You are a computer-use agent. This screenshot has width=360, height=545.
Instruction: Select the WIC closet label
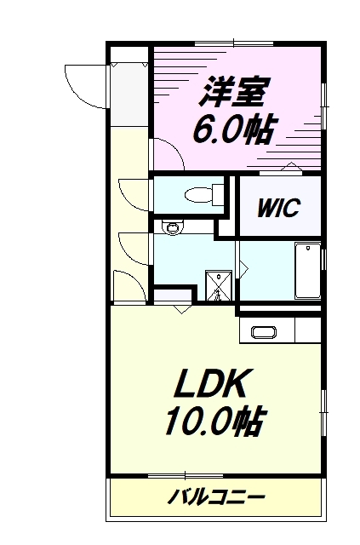(x=278, y=208)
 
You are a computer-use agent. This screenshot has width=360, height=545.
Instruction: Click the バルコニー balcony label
(x=216, y=497)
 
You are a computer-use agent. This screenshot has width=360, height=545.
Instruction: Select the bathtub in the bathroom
(x=308, y=271)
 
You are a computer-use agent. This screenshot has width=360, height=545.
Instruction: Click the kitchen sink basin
(x=264, y=332)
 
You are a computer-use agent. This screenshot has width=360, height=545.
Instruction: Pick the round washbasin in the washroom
(x=172, y=227)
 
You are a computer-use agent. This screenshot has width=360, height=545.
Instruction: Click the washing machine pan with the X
(x=218, y=285)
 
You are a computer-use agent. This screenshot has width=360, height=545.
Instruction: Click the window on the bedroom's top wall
(x=234, y=43)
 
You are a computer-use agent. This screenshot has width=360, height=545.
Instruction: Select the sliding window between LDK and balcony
(x=186, y=475)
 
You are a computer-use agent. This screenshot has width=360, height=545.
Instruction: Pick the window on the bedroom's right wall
(x=324, y=106)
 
